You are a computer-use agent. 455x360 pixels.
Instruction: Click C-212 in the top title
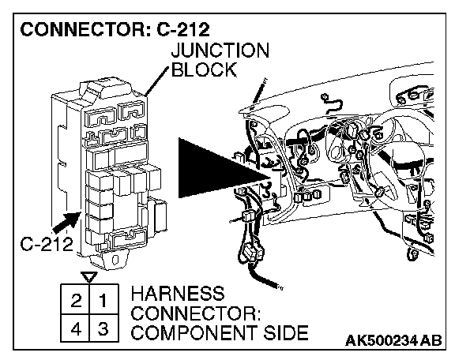[x=182, y=29]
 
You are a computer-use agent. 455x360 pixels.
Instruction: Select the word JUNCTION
[x=220, y=51]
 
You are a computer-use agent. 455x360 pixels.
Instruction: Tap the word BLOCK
[x=204, y=69]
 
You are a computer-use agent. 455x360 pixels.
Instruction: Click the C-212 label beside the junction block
[x=47, y=244]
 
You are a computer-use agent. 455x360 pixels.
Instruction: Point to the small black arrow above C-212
[x=66, y=222]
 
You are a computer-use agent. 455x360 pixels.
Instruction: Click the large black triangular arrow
[x=224, y=168]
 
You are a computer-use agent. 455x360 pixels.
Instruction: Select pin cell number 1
[x=104, y=299]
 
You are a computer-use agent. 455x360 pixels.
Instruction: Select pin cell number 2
[x=76, y=299]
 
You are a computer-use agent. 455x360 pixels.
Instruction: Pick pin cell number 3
[x=104, y=328]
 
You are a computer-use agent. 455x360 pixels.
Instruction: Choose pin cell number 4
[x=76, y=328]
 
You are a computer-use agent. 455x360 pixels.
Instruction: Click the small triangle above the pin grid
[x=89, y=277]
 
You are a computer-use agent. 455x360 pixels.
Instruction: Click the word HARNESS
[x=178, y=294]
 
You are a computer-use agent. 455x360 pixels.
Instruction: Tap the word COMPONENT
[x=194, y=332]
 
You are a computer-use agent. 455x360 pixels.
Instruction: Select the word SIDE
[x=285, y=332]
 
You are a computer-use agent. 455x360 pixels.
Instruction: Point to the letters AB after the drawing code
[x=431, y=340]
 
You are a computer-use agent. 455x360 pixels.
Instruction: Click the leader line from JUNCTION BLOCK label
[x=156, y=81]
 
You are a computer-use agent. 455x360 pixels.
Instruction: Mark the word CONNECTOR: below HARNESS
[x=196, y=313]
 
